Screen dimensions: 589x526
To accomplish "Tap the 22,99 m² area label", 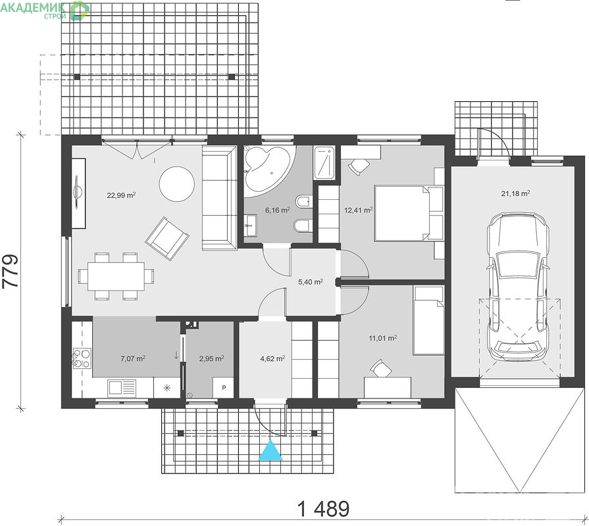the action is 121,195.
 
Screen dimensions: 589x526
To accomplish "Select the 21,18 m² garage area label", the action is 515,193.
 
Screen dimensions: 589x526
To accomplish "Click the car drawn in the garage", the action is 517,287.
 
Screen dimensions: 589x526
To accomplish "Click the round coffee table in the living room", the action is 177,184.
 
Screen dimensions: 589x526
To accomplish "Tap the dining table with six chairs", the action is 116,276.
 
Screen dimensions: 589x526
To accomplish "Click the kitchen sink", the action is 122,388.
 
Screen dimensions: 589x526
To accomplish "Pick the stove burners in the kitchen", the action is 82,358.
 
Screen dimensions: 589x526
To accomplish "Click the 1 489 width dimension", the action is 323,509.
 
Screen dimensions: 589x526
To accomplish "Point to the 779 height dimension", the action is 11,271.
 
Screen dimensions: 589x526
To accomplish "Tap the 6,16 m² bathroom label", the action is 277,210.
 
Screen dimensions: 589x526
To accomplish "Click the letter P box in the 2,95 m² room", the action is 224,387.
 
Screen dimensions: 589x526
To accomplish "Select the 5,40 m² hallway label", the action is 311,282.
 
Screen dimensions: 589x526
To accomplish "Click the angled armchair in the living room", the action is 167,238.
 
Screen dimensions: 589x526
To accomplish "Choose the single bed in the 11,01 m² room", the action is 428,320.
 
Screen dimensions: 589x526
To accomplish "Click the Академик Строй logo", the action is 45,10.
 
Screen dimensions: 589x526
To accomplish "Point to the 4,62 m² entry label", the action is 272,359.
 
